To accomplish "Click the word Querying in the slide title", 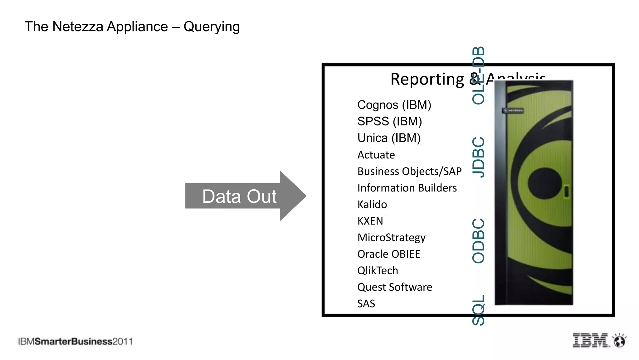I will (x=212, y=27).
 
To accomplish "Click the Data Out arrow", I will (x=240, y=196).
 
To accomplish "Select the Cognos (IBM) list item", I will (x=394, y=105).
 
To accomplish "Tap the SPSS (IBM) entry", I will (x=389, y=121).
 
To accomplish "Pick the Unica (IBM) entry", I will (x=389, y=138).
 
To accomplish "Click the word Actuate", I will (x=376, y=155).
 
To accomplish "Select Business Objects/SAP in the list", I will (x=409, y=171).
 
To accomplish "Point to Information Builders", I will (x=407, y=188).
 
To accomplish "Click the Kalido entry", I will (x=372, y=204).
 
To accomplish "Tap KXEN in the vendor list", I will (x=370, y=221).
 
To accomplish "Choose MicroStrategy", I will (x=391, y=238).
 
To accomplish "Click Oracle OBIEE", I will (x=389, y=254).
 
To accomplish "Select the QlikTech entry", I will (x=378, y=270).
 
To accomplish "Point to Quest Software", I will (x=395, y=287).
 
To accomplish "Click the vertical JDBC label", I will (x=478, y=157).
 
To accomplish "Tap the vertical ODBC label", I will (x=478, y=241).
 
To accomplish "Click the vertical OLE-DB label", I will (x=478, y=75).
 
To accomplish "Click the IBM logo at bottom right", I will (x=590, y=340).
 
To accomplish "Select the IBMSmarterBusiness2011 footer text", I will (x=75, y=342).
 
